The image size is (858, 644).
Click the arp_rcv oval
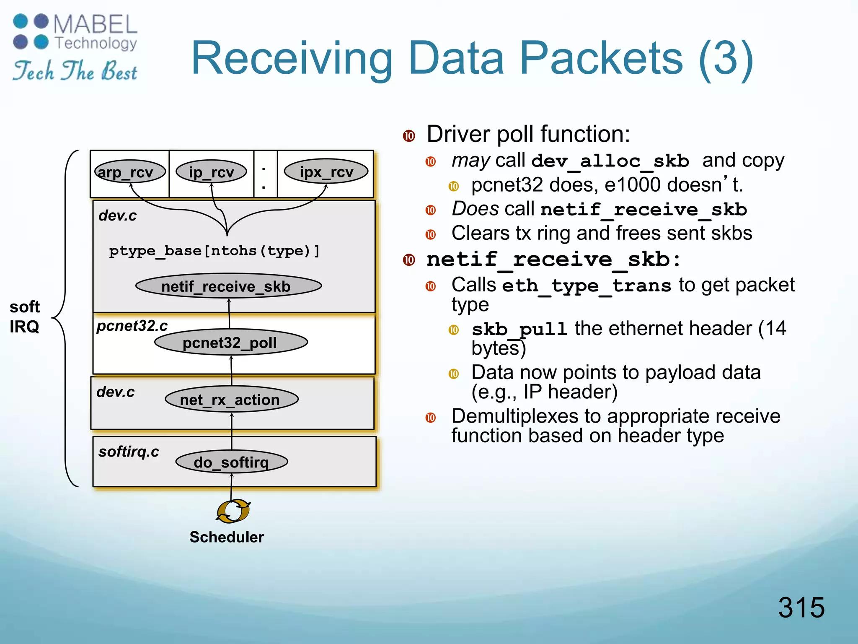[x=130, y=172]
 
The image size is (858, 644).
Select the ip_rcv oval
[x=211, y=172]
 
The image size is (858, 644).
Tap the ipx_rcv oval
[x=326, y=171]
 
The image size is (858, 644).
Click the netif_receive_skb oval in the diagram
[x=228, y=286]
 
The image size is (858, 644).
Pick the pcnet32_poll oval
[x=231, y=343]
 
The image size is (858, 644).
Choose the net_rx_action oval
[x=232, y=399]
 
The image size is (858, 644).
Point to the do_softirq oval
[x=232, y=462]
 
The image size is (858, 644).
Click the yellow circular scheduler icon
[x=233, y=511]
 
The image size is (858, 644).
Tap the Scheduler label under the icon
[x=227, y=537]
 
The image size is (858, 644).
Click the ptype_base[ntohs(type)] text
[x=214, y=251]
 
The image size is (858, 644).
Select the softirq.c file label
[x=129, y=452]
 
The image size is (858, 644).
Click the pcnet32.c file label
[x=132, y=326]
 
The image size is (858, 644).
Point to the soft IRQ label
[x=24, y=317]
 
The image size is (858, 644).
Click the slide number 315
[x=801, y=607]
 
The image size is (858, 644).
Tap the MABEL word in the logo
[x=96, y=24]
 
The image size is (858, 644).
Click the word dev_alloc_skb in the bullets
[x=610, y=161]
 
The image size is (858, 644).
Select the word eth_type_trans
[x=587, y=286]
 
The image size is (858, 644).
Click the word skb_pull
[x=519, y=330]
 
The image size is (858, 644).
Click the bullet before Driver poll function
[x=409, y=136]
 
